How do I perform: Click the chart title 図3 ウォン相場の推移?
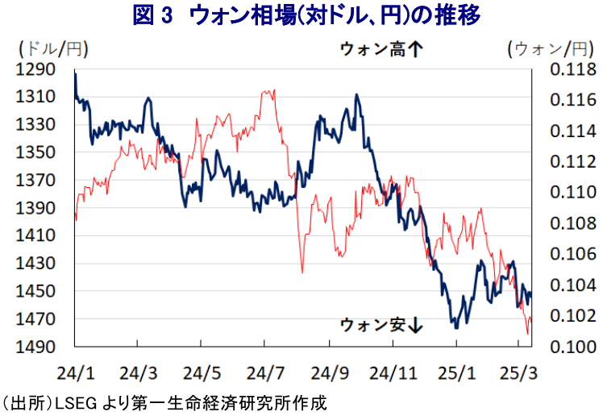click(306, 16)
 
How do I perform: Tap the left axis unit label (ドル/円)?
click(53, 49)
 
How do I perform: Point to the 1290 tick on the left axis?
click(35, 69)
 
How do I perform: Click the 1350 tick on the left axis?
click(35, 152)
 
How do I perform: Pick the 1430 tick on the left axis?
click(35, 264)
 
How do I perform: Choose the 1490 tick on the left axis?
click(35, 347)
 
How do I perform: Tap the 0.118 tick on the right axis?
click(573, 69)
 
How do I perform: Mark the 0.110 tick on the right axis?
click(573, 192)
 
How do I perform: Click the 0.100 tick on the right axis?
click(573, 347)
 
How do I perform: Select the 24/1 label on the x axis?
click(76, 373)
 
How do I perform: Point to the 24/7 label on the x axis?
click(265, 373)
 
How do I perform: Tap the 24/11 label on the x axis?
click(393, 373)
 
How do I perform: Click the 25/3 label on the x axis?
click(518, 373)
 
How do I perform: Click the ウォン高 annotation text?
click(372, 49)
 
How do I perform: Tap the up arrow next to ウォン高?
click(415, 49)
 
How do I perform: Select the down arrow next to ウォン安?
click(415, 325)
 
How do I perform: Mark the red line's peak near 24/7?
click(273, 90)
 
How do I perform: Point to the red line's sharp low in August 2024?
click(302, 272)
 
